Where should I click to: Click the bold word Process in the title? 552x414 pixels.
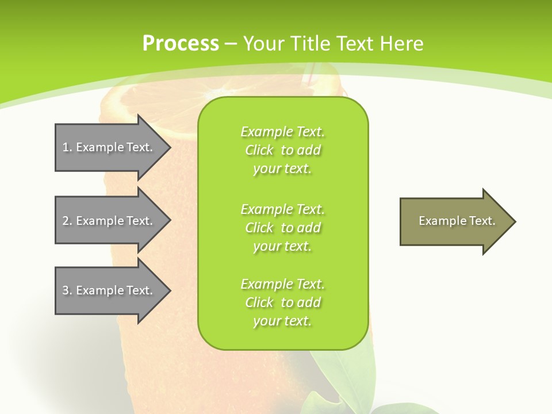(x=181, y=44)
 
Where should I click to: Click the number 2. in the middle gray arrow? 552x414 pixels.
(x=67, y=221)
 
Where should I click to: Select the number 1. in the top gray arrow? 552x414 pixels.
(x=67, y=147)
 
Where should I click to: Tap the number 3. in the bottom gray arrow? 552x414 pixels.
(x=67, y=290)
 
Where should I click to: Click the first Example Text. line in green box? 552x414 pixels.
(x=282, y=132)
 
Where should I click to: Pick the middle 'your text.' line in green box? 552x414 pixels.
(x=282, y=246)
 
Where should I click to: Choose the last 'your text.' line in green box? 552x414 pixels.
(x=282, y=321)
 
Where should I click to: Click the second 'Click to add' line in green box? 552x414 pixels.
(x=282, y=228)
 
